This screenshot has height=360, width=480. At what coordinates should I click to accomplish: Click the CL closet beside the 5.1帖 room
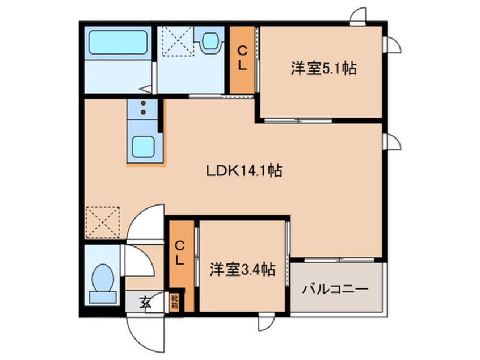(242, 60)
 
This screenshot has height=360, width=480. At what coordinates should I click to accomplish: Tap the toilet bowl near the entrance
(103, 281)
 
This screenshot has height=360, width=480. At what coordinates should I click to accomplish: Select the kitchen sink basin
(144, 147)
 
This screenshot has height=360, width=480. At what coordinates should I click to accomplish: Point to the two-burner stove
(144, 108)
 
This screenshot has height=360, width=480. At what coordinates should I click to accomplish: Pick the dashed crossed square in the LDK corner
(103, 222)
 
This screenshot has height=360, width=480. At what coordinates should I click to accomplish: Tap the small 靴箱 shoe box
(174, 303)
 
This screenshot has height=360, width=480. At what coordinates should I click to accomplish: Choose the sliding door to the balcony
(339, 260)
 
